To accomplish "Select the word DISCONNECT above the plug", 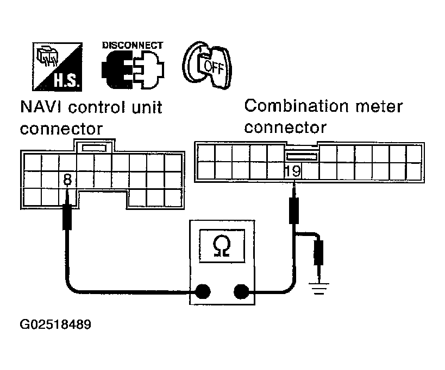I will tap(132, 45).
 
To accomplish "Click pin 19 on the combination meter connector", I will tap(293, 171).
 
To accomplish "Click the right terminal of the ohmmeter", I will tap(241, 292).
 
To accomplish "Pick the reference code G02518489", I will tap(56, 326).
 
